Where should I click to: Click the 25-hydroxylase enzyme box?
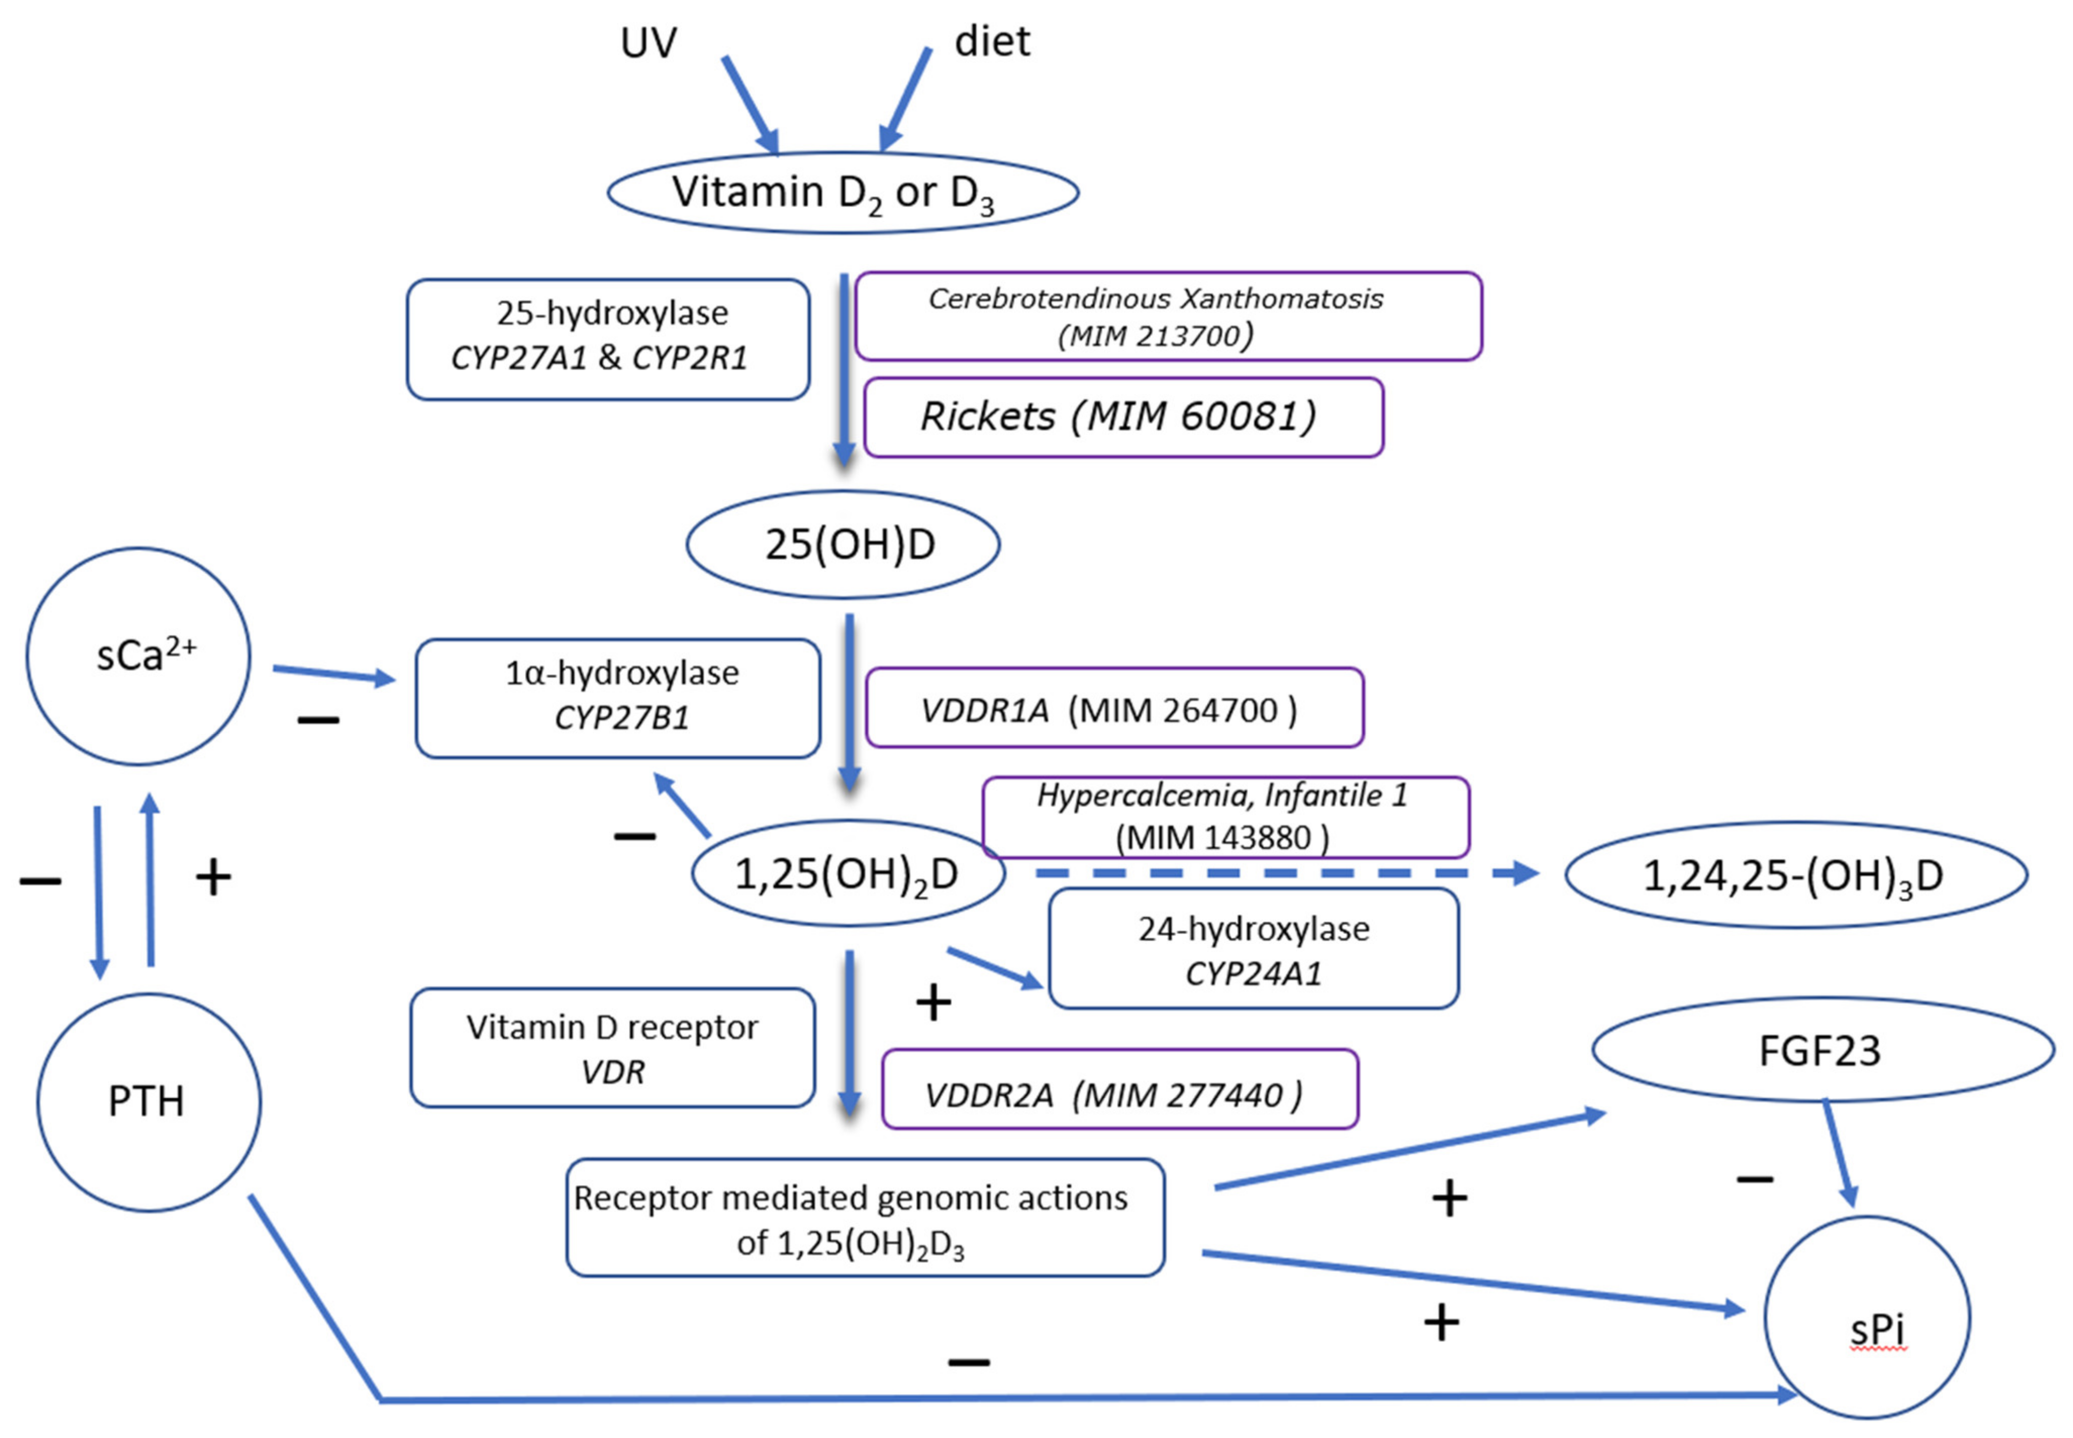608,339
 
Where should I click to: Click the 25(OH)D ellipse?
843,544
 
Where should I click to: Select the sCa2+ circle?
138,656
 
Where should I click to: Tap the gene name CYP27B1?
621,718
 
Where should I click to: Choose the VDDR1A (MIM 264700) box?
1114,708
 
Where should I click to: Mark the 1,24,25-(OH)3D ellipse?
1795,875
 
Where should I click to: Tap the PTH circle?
149,1101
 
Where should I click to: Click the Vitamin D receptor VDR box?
612,1047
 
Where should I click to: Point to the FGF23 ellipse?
1822,1050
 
